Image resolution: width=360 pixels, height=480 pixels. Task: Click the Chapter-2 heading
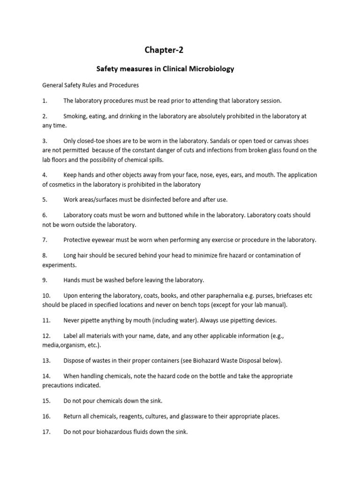(161, 50)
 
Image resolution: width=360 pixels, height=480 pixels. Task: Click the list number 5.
(45, 200)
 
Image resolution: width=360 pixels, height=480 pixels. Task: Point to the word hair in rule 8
(85, 255)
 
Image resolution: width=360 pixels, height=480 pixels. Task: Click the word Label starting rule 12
(72, 336)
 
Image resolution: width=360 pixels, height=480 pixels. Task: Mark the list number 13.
(46, 360)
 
